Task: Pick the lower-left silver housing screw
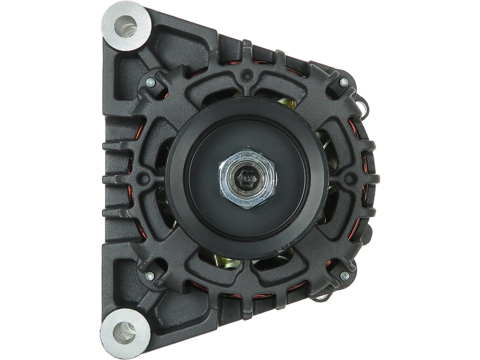pyautogui.click(x=148, y=276)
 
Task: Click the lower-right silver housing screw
pyautogui.click(x=344, y=276)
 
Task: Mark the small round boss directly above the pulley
pyautogui.click(x=245, y=77)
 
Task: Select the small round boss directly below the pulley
pyautogui.click(x=245, y=281)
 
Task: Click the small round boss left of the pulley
pyautogui.click(x=143, y=179)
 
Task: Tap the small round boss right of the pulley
pyautogui.click(x=348, y=179)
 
